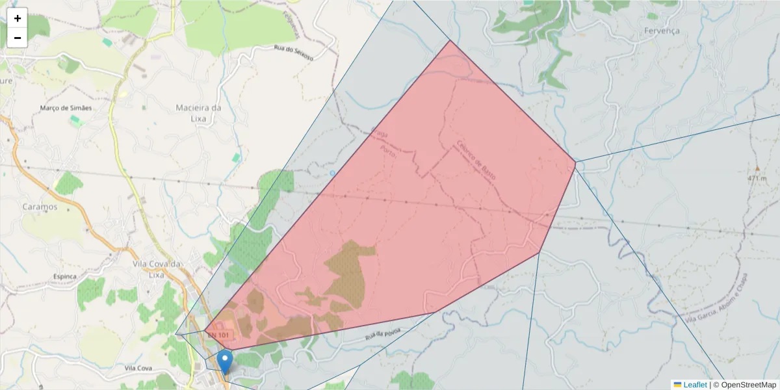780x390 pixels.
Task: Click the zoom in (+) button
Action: click(x=18, y=18)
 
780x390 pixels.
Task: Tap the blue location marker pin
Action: click(x=225, y=361)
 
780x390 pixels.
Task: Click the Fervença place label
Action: click(x=661, y=31)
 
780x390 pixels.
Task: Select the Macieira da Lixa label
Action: click(x=198, y=112)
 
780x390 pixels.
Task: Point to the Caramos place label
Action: click(x=40, y=207)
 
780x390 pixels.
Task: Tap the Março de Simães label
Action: click(x=66, y=108)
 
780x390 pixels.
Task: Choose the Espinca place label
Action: click(x=65, y=276)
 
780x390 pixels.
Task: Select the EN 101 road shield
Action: click(x=218, y=335)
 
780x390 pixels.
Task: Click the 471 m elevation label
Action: click(x=757, y=178)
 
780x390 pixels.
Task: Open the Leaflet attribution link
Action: click(x=694, y=385)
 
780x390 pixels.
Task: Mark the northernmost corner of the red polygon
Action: click(x=450, y=40)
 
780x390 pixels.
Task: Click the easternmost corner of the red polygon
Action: click(x=575, y=162)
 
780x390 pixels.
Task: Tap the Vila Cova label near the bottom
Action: click(x=138, y=368)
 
